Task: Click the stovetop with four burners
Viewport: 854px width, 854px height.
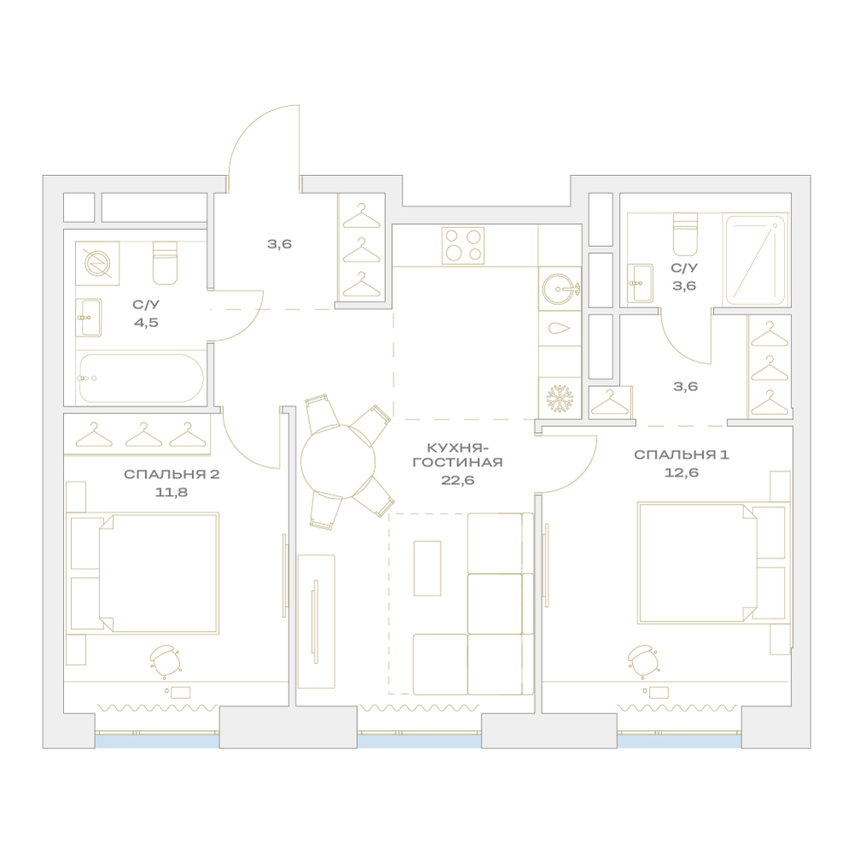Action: coord(463,246)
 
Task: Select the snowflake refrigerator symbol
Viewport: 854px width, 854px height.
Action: coord(559,399)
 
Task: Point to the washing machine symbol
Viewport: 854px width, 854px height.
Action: coord(97,264)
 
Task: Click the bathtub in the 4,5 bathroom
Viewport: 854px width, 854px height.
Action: coord(142,378)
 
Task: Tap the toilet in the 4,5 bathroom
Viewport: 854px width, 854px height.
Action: coord(165,263)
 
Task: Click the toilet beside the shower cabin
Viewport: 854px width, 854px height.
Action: coord(685,234)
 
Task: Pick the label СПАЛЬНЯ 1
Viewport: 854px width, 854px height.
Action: coord(681,455)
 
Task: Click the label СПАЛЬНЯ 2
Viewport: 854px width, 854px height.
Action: coord(172,474)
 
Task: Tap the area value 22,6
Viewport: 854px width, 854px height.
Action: coord(458,480)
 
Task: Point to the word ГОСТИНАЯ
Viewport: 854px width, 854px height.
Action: coord(458,463)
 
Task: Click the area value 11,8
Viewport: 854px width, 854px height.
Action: coord(172,493)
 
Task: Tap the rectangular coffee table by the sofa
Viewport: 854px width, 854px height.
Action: coord(427,568)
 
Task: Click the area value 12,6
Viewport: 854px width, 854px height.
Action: coord(681,472)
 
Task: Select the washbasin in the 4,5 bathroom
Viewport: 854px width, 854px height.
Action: coord(89,318)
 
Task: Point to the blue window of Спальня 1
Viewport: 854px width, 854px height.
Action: coord(680,741)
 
